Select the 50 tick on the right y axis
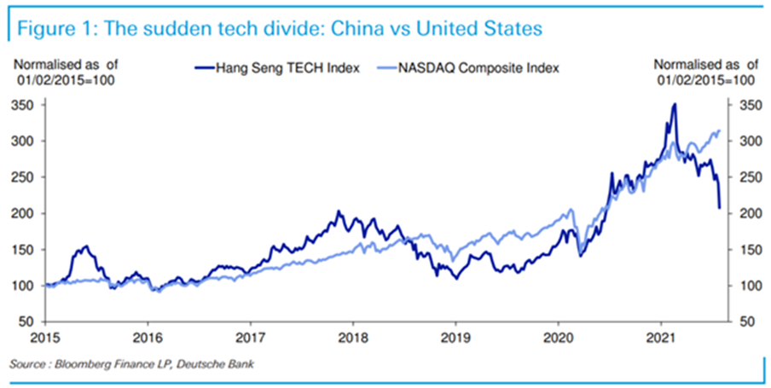[x=745, y=321]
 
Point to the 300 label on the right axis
[x=745, y=141]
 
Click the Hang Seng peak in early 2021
[x=675, y=104]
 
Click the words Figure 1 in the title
[x=50, y=29]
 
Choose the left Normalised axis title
[x=64, y=72]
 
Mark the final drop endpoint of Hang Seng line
[x=719, y=207]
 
